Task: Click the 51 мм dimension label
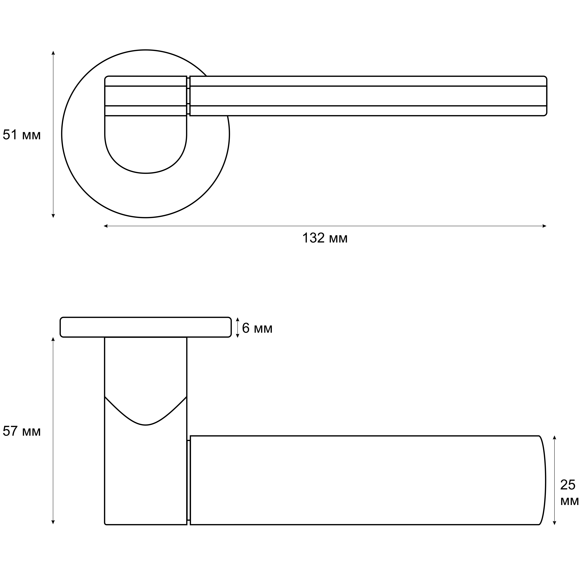(x=22, y=135)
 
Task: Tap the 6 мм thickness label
(x=257, y=328)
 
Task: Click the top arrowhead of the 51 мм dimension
(x=53, y=53)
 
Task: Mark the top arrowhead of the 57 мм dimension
(x=53, y=339)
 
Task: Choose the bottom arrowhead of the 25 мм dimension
(x=555, y=531)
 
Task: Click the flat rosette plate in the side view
(x=145, y=327)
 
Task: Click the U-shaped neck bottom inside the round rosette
(x=145, y=168)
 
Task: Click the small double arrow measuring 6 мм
(x=238, y=327)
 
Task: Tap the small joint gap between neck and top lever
(x=188, y=96)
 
